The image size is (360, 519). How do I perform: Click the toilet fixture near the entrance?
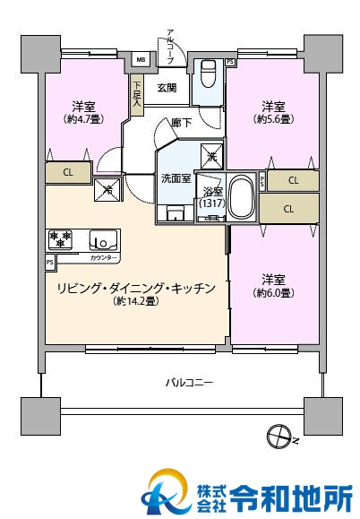(x=207, y=72)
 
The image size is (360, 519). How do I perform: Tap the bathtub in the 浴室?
(x=240, y=196)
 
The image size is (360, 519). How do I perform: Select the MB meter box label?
(x=141, y=60)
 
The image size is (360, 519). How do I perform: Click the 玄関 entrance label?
(x=167, y=88)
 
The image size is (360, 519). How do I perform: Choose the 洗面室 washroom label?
(x=175, y=177)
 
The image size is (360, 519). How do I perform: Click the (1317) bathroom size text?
(x=212, y=203)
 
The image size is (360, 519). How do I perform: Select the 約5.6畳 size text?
(x=274, y=118)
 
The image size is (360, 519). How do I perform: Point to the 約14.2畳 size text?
(x=136, y=302)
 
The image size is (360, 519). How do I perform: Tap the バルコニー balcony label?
(x=188, y=383)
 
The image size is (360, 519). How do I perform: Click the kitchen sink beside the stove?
(x=102, y=240)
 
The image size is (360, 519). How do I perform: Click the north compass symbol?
(x=279, y=437)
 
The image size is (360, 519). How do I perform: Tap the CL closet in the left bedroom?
(x=67, y=171)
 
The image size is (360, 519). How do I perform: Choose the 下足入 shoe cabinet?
(x=136, y=94)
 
